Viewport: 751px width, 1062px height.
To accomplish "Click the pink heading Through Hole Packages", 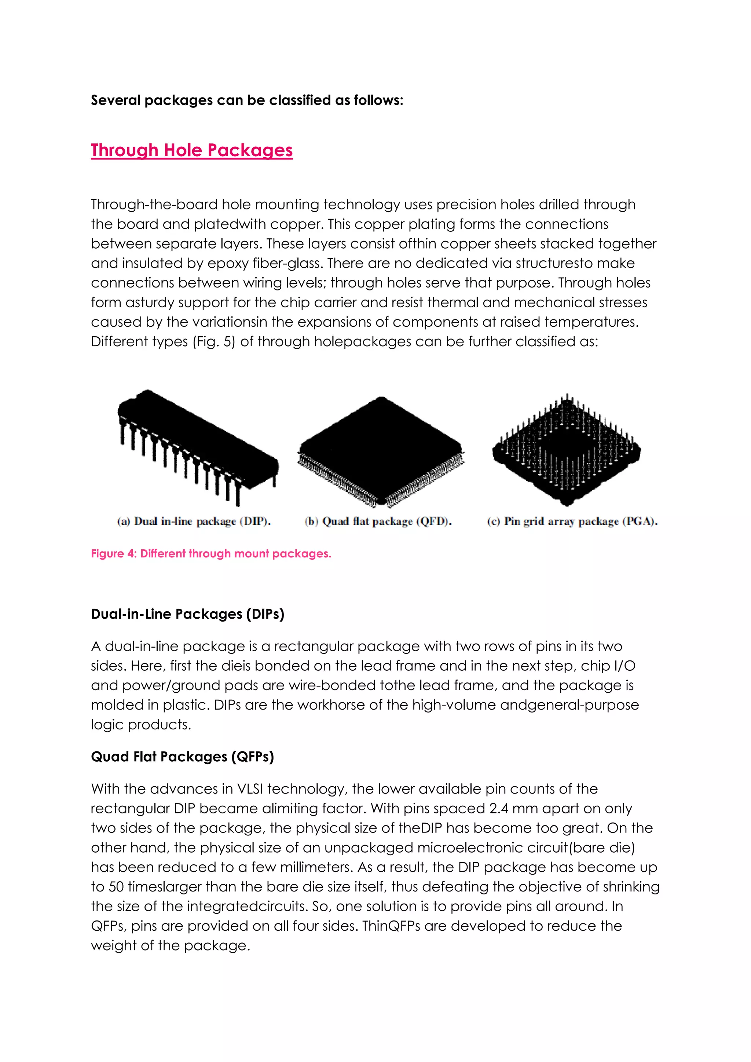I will coord(191,150).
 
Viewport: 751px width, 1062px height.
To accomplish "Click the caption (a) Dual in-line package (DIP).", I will coord(194,521).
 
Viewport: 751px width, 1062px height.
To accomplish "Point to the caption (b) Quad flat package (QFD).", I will coord(378,521).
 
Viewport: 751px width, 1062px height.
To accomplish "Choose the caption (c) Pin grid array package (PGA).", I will coord(572,521).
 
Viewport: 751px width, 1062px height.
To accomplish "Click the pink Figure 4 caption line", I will coord(211,554).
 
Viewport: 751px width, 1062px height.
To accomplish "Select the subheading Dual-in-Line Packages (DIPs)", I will coord(187,614).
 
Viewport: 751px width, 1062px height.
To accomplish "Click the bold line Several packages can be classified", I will coord(247,100).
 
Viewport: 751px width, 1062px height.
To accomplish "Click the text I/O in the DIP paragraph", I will coord(624,666).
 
